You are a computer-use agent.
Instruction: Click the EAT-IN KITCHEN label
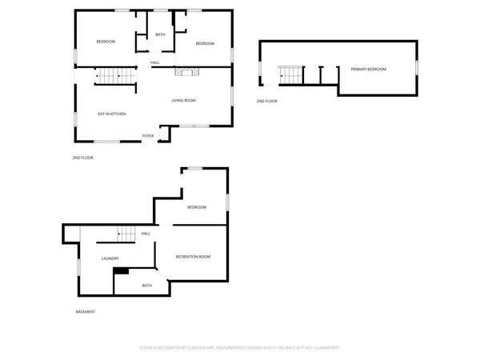point(112,114)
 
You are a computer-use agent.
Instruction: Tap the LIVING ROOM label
point(183,101)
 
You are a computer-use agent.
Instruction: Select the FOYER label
point(148,136)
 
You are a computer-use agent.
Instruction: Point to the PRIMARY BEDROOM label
point(368,70)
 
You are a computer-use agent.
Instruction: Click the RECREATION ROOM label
point(193,257)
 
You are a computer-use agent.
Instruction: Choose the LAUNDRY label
point(110,258)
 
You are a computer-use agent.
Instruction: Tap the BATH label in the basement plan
point(147,286)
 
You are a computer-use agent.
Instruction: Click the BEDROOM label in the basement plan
point(197,207)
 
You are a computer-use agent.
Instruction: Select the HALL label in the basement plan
point(146,234)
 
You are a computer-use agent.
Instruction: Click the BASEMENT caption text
point(86,311)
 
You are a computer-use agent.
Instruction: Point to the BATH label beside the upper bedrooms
point(160,34)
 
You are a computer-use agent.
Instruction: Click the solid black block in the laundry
point(121,271)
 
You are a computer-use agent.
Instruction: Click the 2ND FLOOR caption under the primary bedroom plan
point(266,102)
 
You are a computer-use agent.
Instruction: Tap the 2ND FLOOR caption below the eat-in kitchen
point(82,158)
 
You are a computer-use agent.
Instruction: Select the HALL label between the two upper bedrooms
point(154,62)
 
